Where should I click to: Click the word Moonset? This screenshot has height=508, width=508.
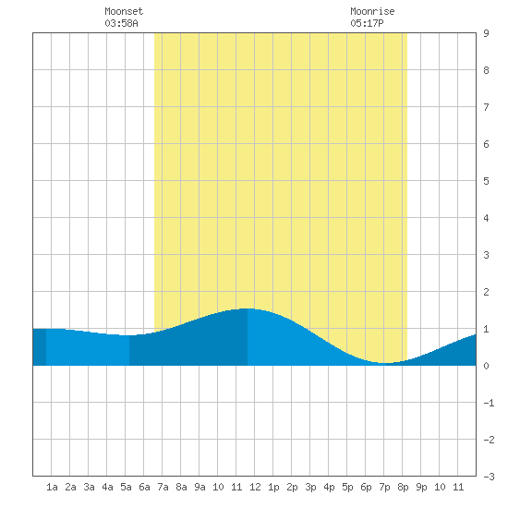124,11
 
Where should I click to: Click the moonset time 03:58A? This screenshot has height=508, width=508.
121,23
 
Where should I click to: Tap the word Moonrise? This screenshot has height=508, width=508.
372,11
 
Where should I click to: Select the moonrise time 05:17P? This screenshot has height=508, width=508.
367,23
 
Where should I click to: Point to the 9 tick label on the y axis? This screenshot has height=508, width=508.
486,33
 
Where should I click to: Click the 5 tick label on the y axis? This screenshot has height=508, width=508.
486,181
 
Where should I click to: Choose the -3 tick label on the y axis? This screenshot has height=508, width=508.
489,477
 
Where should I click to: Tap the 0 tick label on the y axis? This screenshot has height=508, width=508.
486,366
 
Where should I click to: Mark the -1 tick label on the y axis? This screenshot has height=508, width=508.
489,403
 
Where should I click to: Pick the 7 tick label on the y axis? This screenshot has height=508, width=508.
486,107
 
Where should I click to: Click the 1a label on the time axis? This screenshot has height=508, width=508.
52,487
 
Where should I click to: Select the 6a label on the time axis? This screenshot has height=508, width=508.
144,487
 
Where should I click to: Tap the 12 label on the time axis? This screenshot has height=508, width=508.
255,487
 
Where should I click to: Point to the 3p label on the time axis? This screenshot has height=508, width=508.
310,487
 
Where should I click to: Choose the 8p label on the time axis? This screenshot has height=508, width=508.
403,487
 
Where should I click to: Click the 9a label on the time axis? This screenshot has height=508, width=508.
200,487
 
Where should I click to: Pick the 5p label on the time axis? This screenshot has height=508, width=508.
347,487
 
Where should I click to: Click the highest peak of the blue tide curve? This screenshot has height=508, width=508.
248,308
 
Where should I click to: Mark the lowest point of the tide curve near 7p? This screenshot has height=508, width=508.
384,363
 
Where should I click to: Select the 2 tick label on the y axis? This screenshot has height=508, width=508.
486,292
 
